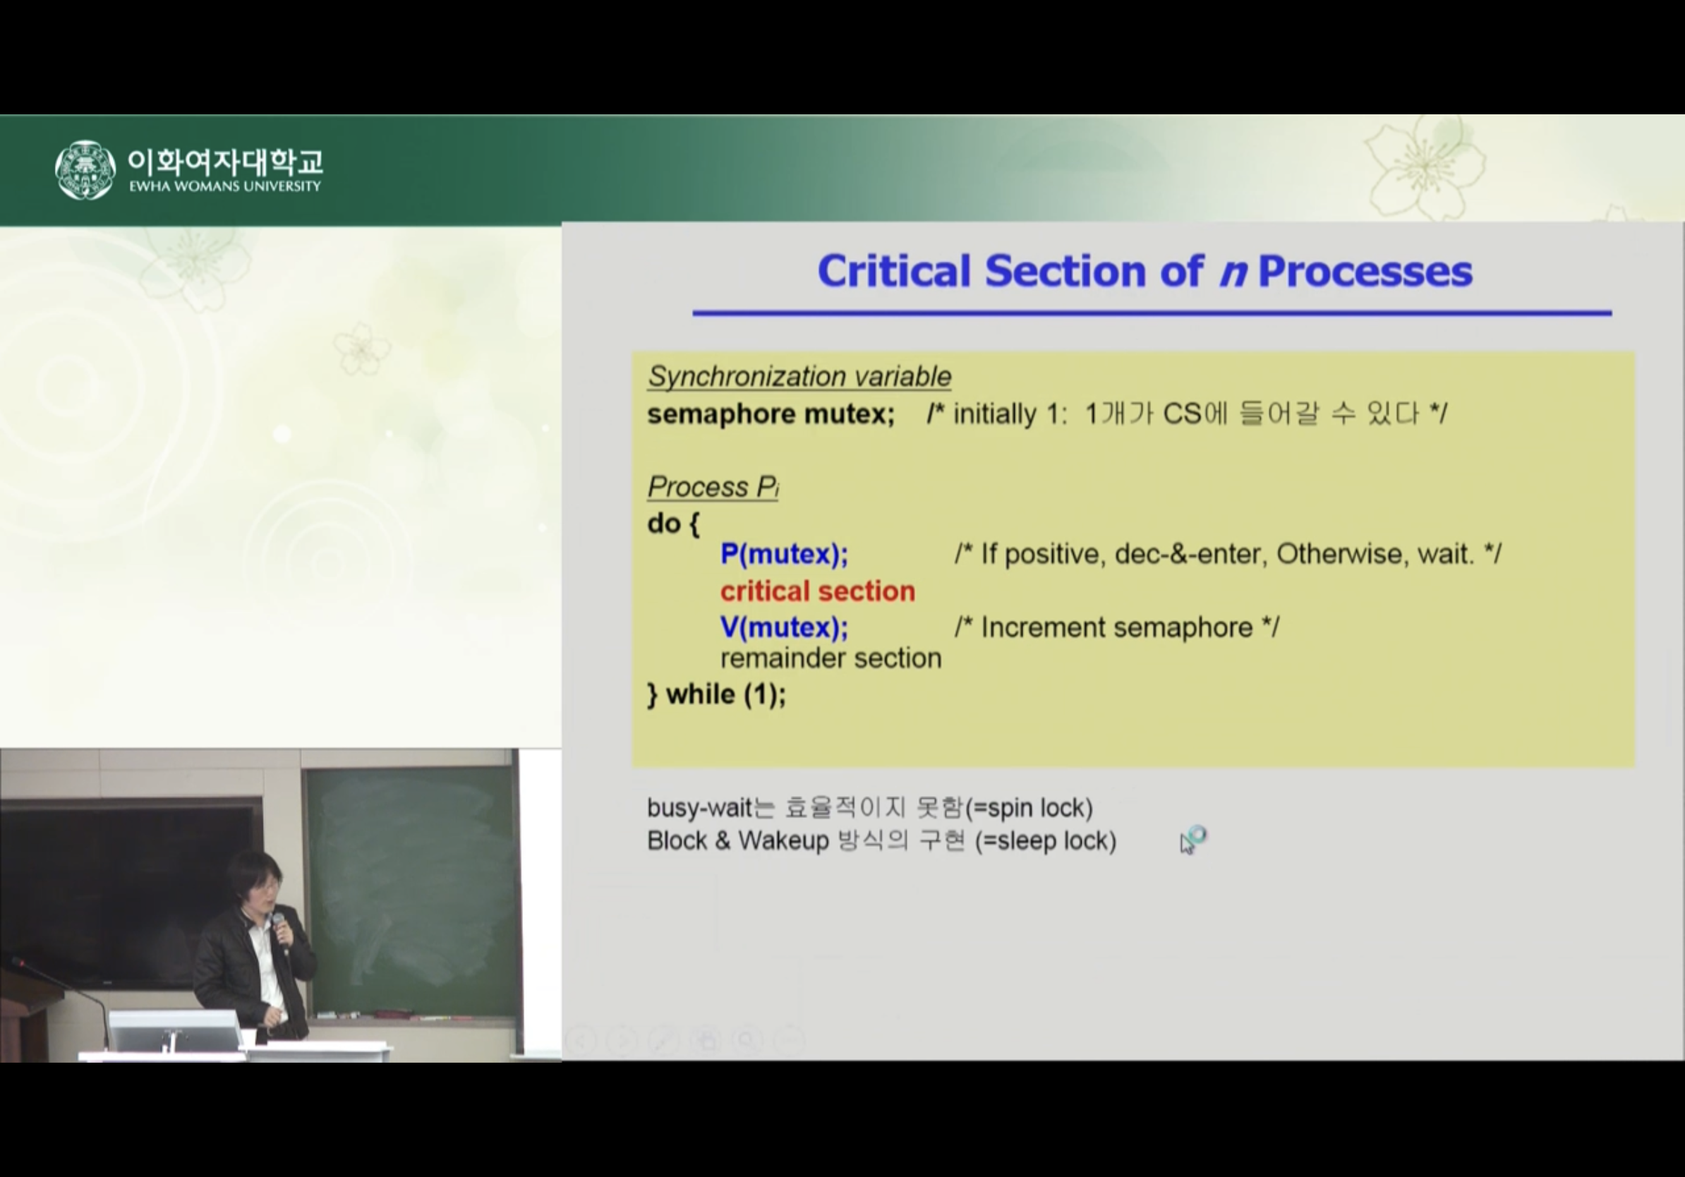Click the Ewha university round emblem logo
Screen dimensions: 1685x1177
[85, 169]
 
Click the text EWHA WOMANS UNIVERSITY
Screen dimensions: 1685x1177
[225, 186]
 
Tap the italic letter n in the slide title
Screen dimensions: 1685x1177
[1233, 273]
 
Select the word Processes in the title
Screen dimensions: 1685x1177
[1365, 272]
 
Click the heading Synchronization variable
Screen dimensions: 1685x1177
[799, 376]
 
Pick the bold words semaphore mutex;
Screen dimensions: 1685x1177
[771, 414]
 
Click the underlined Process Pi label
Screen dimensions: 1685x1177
[713, 486]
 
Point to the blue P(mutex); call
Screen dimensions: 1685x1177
[784, 554]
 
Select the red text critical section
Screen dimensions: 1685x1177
[818, 591]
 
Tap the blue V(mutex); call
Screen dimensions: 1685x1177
[784, 627]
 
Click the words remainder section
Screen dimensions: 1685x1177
[831, 658]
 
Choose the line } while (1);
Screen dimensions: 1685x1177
[716, 694]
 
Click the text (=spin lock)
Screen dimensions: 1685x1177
[1029, 808]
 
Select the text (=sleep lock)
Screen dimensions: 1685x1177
[1046, 841]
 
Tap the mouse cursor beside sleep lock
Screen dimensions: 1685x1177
[1192, 840]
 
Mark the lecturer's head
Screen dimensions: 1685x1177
[255, 881]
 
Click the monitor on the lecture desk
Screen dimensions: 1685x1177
[173, 1031]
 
